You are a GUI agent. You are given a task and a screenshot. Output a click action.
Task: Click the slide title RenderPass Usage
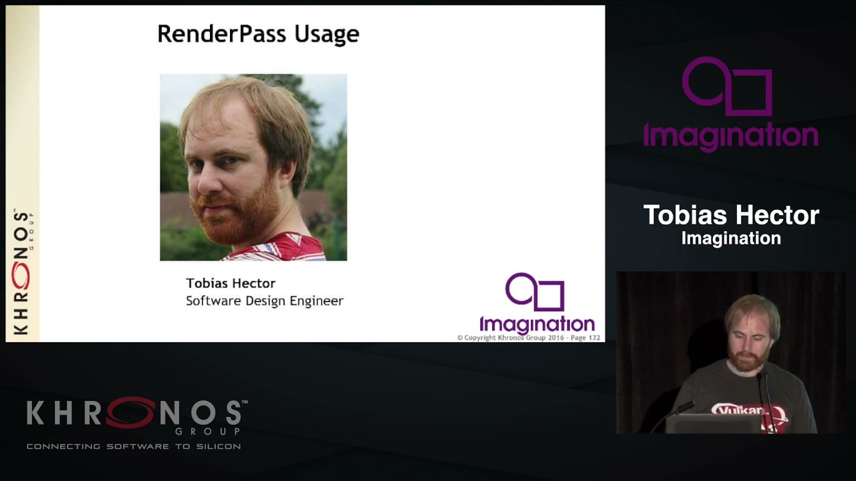click(x=257, y=34)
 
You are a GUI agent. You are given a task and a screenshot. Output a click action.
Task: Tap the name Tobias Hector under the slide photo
click(x=230, y=283)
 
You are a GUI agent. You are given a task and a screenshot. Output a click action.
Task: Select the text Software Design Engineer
click(x=264, y=301)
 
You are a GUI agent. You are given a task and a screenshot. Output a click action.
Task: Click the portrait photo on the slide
click(x=253, y=167)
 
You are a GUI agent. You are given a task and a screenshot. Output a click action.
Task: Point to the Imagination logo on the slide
click(x=536, y=304)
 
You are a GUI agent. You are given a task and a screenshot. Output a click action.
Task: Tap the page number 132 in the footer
click(x=593, y=338)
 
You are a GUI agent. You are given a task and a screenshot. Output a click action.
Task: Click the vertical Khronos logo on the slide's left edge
click(x=22, y=271)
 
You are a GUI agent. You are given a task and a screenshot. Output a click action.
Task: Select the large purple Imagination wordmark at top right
click(x=730, y=136)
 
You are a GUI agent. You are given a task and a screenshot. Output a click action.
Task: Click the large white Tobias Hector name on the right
click(x=731, y=215)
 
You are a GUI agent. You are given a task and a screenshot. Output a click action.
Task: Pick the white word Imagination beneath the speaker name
click(x=731, y=238)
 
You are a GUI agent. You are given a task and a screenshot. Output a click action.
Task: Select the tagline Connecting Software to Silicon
click(x=134, y=446)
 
